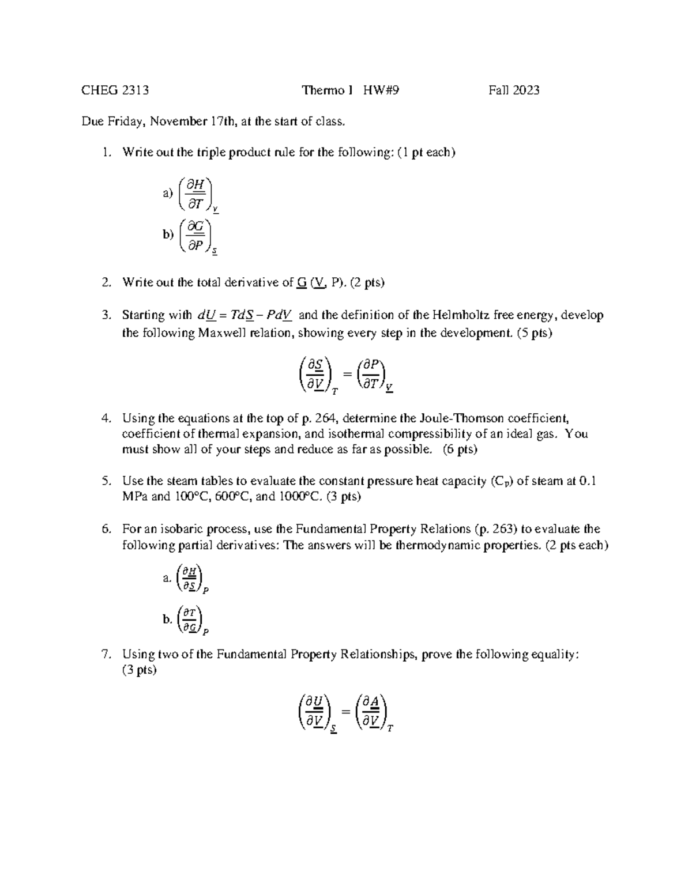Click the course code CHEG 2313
tap(115, 90)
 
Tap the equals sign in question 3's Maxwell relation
tap(347, 374)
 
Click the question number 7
tap(105, 654)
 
